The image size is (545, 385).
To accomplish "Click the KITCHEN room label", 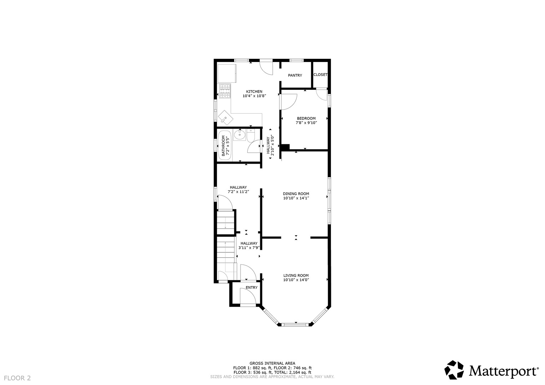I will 254,92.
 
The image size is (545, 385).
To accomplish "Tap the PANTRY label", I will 295,76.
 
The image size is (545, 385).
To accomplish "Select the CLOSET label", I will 320,75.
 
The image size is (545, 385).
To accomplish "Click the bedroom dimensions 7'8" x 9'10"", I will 306,123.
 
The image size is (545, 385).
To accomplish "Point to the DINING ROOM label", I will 296,194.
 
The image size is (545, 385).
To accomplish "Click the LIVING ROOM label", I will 296,276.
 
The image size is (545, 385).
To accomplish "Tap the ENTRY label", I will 251,288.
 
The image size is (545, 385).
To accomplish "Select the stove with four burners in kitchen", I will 225,91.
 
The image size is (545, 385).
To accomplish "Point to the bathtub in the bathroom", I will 224,146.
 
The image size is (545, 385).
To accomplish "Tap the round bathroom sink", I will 239,135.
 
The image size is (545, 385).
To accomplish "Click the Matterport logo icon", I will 454,370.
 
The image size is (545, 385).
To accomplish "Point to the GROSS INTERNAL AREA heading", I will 272,364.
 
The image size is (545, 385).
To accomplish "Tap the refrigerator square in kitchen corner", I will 227,73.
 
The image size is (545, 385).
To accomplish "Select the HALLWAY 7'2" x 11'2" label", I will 238,190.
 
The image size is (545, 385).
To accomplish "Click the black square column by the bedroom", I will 285,147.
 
